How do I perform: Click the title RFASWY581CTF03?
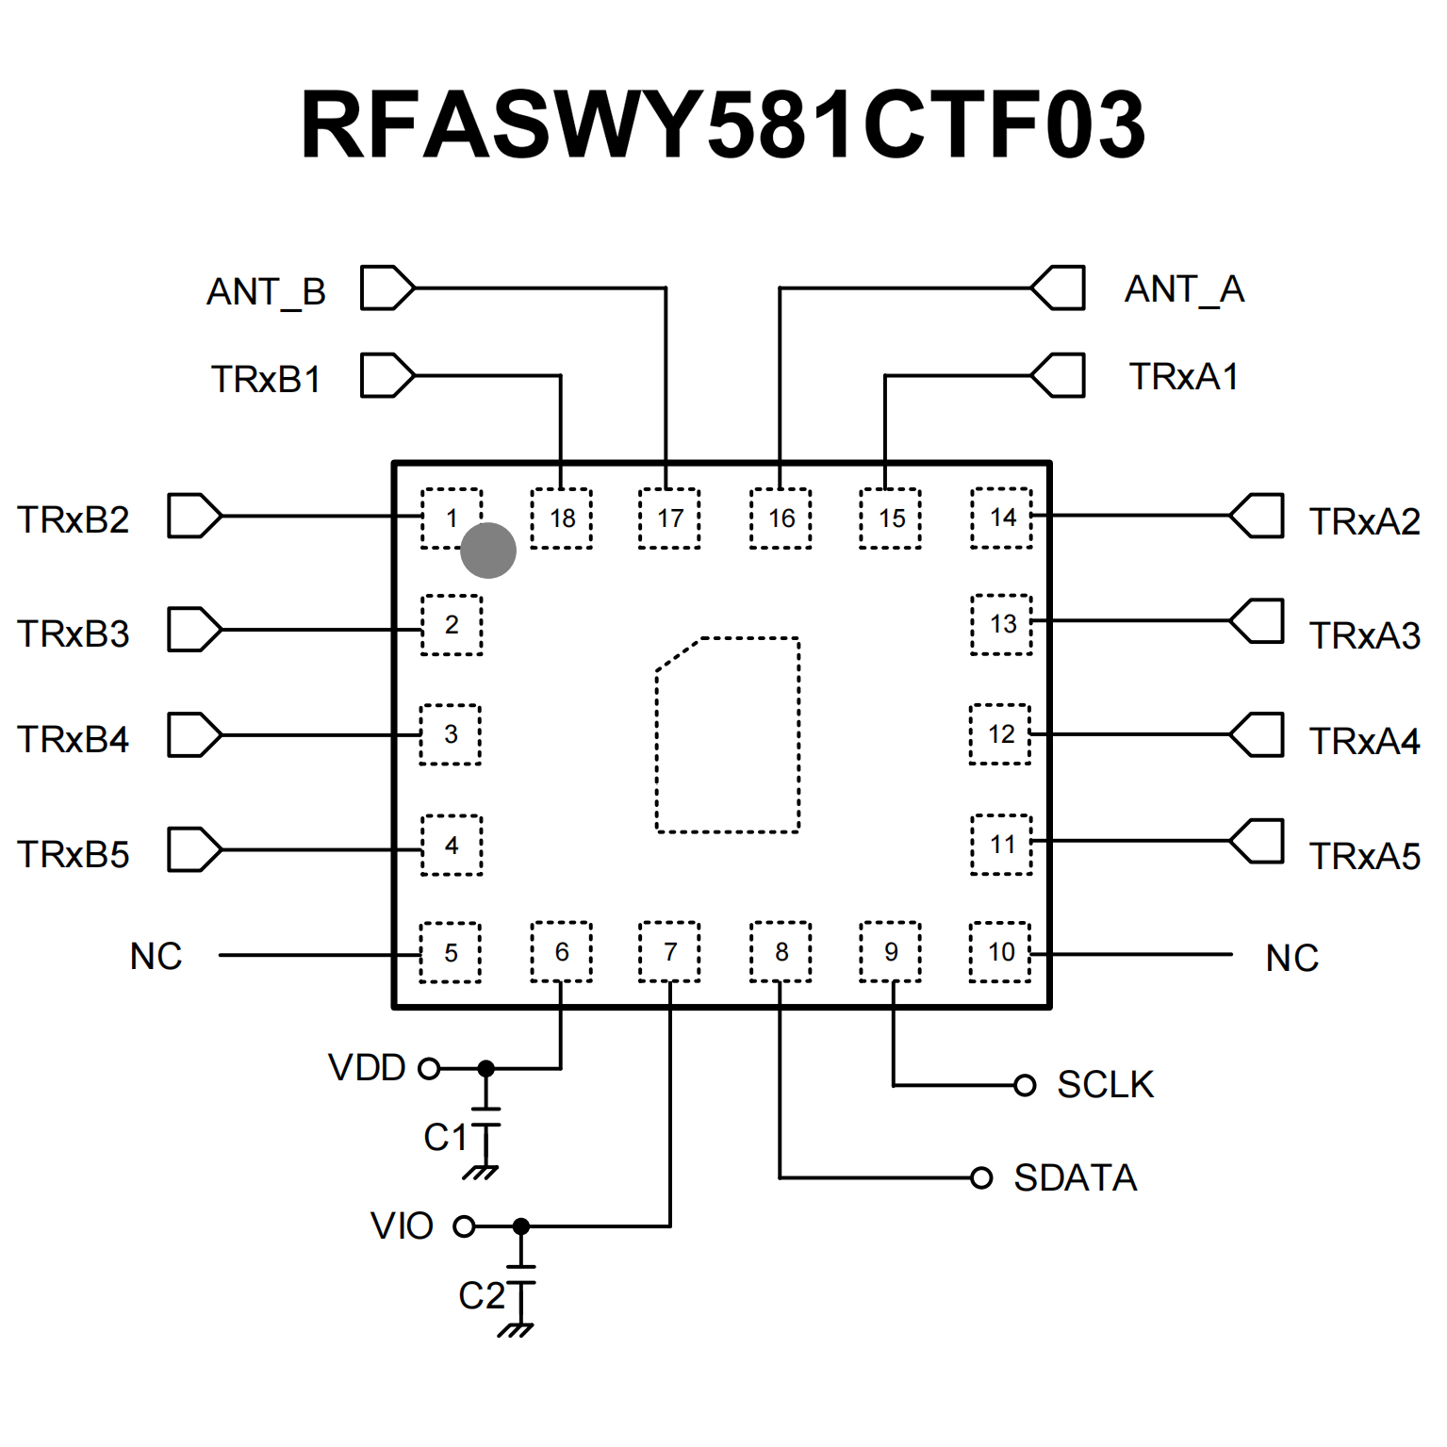click(722, 124)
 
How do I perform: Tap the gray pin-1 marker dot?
click(488, 551)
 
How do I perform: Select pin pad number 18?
click(562, 518)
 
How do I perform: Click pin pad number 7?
click(670, 952)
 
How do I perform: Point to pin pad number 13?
click(1002, 624)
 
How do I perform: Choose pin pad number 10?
click(1001, 952)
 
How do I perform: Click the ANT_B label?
click(266, 291)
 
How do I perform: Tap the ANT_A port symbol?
click(1059, 288)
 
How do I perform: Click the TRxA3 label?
click(1364, 636)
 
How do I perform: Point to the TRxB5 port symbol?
click(194, 849)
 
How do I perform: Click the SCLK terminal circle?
click(1025, 1085)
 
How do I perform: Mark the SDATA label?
click(1076, 1178)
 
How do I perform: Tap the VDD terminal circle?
click(429, 1068)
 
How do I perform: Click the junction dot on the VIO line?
click(521, 1226)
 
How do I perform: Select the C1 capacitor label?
click(446, 1138)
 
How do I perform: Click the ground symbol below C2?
click(516, 1330)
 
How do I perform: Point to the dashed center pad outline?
click(728, 735)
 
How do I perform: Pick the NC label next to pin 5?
click(156, 956)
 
